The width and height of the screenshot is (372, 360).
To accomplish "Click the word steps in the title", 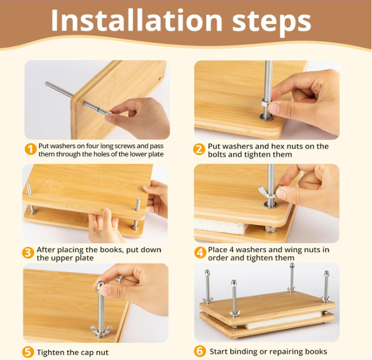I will point(270,21).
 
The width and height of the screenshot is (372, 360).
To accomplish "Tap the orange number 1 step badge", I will point(31,149).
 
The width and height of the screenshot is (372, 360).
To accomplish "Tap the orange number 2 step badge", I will point(199,149).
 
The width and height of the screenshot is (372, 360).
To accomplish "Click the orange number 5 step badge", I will point(28,352).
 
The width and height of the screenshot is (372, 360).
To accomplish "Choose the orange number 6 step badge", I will point(199,351).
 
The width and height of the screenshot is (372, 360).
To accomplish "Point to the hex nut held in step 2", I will point(265,102).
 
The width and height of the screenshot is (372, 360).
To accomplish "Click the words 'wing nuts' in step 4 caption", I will point(303,250).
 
